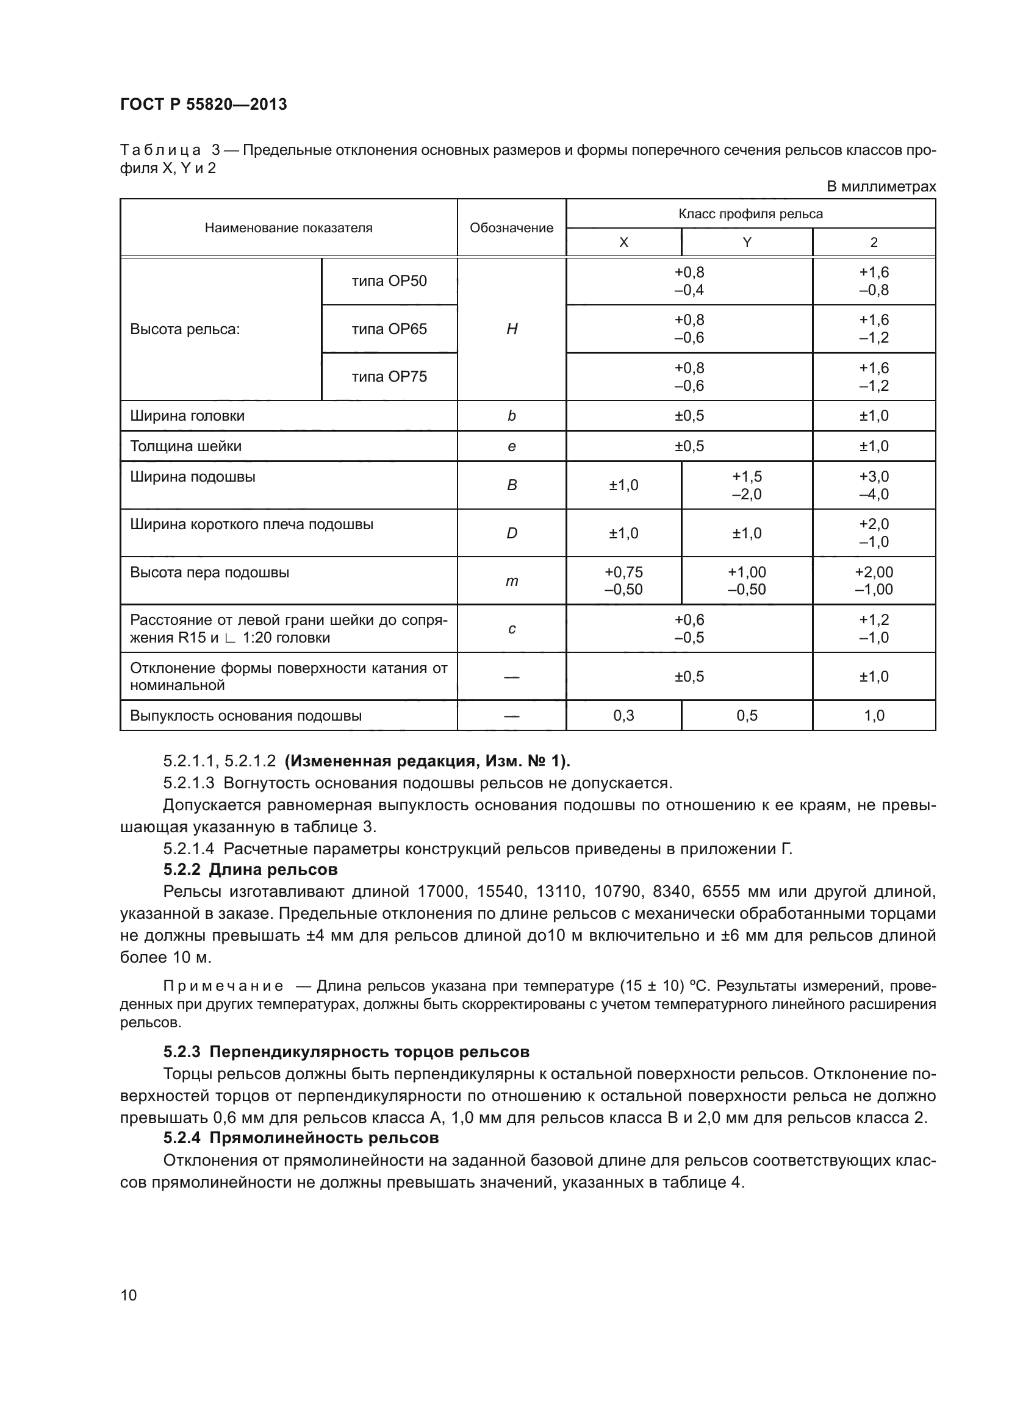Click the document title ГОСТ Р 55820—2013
203,104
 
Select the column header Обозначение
511,228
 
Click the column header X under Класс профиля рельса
623,243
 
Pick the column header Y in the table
747,243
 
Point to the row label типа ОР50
389,281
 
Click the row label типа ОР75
389,377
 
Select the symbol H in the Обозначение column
511,329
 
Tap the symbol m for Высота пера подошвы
511,582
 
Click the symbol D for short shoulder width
511,533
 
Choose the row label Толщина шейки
186,446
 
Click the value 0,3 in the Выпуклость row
623,716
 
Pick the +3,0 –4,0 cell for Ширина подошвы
874,485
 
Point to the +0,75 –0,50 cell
623,581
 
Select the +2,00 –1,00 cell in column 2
874,581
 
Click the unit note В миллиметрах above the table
881,187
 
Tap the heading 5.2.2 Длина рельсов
250,869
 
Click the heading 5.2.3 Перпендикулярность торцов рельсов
346,1052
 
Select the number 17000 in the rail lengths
440,892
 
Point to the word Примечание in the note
223,986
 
